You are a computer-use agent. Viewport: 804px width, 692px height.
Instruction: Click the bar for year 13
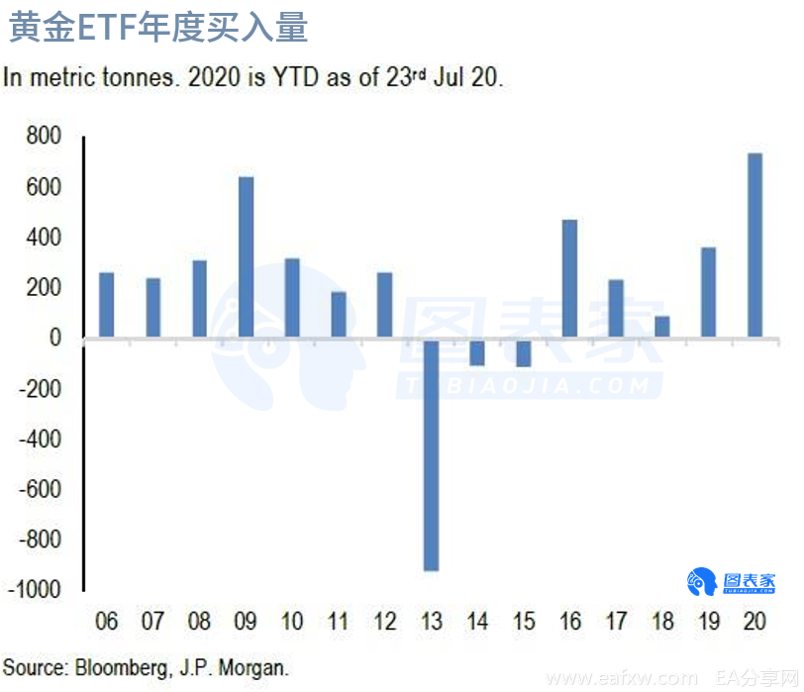[431, 455]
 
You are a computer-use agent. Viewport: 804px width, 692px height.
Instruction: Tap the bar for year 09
[246, 257]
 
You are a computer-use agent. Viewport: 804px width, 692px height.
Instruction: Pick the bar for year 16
[569, 279]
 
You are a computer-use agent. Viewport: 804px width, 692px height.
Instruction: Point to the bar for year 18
[661, 328]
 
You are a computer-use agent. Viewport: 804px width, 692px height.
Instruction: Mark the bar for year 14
[477, 351]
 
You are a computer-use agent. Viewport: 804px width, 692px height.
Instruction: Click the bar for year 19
[708, 293]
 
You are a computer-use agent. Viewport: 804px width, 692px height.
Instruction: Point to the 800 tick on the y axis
[44, 136]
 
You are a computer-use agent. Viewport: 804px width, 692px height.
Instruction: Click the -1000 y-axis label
[38, 590]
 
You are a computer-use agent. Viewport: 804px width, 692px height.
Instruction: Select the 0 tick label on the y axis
[54, 339]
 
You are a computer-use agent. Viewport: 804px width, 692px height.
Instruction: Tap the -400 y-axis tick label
[40, 439]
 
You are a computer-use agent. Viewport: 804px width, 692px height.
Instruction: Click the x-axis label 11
[338, 622]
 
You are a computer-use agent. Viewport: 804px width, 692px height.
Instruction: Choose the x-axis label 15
[523, 622]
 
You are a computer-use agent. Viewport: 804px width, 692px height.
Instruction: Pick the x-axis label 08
[199, 622]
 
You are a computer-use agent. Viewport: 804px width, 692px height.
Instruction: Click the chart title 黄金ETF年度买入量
[158, 27]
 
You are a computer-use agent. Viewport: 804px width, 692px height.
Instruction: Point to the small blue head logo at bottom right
[702, 582]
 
